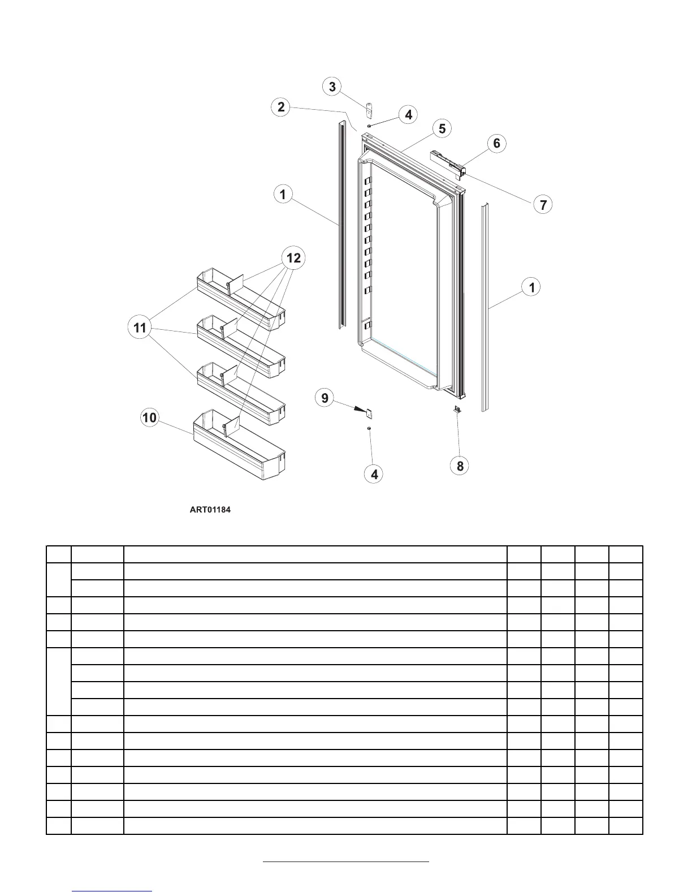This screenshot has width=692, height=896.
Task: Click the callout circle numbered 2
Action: (281, 106)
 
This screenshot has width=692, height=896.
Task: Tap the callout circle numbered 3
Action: (332, 87)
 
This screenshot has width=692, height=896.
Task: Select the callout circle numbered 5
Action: (442, 129)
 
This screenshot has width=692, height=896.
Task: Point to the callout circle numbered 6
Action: (496, 143)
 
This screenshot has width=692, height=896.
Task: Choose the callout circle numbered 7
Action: (543, 204)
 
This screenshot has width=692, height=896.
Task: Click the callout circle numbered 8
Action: (460, 466)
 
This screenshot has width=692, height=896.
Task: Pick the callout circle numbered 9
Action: (325, 398)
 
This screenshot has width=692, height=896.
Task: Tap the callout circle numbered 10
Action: (150, 418)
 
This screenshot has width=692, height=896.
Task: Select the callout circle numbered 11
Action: (140, 328)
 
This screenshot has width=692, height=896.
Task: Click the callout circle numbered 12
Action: (293, 259)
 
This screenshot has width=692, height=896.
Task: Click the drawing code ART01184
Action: (210, 510)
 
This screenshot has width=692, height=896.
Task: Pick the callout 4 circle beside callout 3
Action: (408, 115)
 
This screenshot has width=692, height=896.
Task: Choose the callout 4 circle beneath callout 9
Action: (374, 474)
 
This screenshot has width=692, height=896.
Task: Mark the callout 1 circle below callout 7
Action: (531, 287)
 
